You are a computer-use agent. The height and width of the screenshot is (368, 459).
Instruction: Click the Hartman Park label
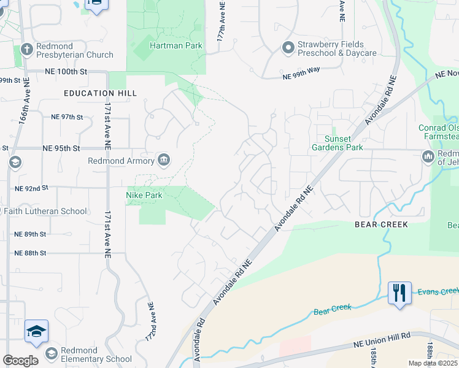tap(176, 45)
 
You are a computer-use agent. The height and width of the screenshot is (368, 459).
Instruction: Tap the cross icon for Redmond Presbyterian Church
tap(26, 49)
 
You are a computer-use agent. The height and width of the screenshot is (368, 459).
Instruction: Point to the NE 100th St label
tap(67, 72)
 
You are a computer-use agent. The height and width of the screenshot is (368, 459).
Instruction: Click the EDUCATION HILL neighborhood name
tap(100, 93)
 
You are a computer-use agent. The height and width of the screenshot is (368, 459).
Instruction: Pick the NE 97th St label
tap(67, 117)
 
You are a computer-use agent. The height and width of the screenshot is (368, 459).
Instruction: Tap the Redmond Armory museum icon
tap(164, 161)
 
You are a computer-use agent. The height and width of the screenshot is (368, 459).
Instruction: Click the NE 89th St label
tap(31, 234)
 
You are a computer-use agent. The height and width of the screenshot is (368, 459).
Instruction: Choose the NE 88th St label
tap(31, 253)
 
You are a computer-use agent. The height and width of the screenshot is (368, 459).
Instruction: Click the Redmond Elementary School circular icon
tap(52, 353)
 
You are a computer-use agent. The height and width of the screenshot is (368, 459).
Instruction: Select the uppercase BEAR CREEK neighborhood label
tap(381, 224)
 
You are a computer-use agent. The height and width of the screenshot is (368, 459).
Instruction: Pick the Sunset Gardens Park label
tap(337, 143)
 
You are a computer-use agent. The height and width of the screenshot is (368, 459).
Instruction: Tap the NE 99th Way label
tap(302, 75)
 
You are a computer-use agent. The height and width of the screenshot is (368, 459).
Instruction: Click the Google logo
tap(20, 361)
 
